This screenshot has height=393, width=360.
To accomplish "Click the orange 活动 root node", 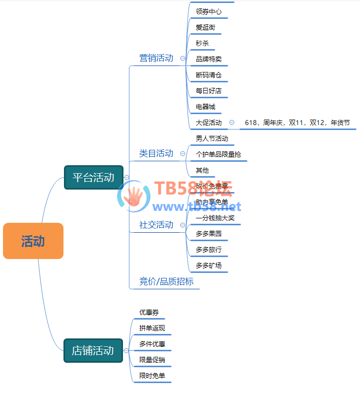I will pos(33,241).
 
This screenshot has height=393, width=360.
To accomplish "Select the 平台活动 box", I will pos(94,177).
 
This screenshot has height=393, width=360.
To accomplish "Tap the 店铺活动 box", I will pos(93,350).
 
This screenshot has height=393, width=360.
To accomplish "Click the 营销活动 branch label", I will pos(156,58).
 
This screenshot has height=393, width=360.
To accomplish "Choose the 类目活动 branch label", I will pos(156,153).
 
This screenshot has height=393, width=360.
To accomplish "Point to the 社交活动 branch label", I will pos(156,225).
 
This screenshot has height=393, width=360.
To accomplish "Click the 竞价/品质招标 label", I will pos(166,282).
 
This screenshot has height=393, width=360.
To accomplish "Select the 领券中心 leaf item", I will pos(209,11).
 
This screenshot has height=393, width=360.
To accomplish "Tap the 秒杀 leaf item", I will pos(202,43).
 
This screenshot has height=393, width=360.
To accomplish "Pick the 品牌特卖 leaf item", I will pos(209,59).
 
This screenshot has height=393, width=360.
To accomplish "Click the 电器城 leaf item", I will pos(205,107).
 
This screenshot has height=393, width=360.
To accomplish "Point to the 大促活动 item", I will pos(209,123).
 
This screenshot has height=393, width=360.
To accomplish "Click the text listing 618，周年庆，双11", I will pos(297,123).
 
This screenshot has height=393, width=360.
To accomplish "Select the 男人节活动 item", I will pos(212,138).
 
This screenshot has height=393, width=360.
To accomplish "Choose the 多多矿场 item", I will pos(209,265).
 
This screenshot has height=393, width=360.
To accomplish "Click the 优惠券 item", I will pos(149,313).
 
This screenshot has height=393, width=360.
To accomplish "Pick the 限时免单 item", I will pos(152,376).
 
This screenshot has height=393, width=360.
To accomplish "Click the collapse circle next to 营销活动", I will pos(182,58).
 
